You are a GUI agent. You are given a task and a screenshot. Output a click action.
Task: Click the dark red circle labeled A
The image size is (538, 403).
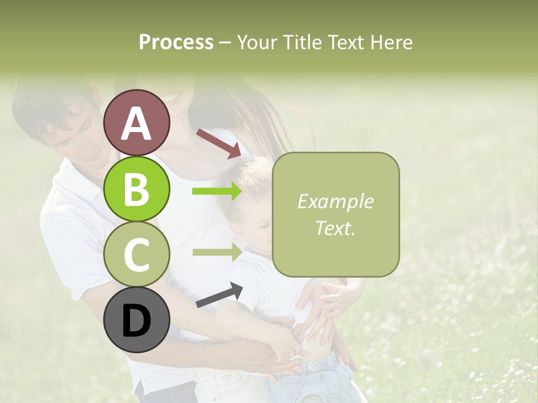tap(137, 123)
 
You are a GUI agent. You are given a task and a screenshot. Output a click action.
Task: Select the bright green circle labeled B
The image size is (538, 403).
tap(137, 189)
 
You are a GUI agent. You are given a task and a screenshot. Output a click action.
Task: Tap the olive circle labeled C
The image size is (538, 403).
tap(137, 254)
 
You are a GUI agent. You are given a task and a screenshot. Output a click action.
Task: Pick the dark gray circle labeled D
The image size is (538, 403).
tap(137, 320)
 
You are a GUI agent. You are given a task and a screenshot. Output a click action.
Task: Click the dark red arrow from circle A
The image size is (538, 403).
tap(219, 143)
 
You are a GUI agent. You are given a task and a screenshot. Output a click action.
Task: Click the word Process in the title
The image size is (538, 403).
tap(176, 42)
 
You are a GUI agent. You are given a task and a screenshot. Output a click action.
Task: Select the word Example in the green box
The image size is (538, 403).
tap(335, 201)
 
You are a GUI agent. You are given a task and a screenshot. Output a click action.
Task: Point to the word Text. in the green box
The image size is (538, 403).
tap(335, 228)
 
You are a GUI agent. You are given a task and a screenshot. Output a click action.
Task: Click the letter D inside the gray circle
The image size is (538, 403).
tap(137, 321)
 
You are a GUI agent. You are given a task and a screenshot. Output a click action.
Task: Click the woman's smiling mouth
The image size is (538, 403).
tap(171, 96)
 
